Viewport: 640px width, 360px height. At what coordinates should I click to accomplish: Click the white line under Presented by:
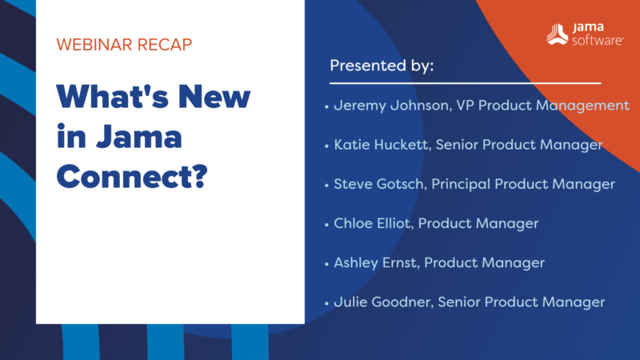coord(465,82)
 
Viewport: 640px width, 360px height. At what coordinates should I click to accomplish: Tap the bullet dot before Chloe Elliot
coord(326,224)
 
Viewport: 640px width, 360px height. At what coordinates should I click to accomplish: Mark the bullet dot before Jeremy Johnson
coord(326,106)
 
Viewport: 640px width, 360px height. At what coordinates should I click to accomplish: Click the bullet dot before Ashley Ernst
coord(326,263)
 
